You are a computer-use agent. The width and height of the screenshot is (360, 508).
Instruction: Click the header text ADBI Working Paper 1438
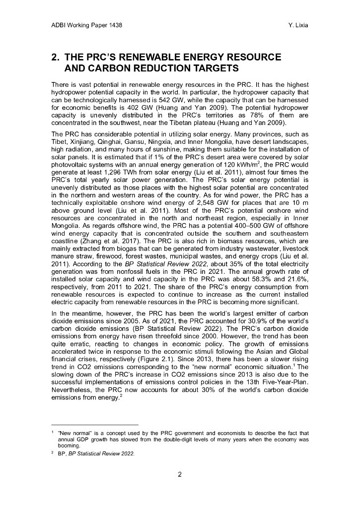[87, 25]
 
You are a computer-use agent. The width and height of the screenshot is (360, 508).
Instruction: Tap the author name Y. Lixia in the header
[297, 25]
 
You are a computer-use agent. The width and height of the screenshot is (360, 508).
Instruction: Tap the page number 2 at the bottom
[180, 474]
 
